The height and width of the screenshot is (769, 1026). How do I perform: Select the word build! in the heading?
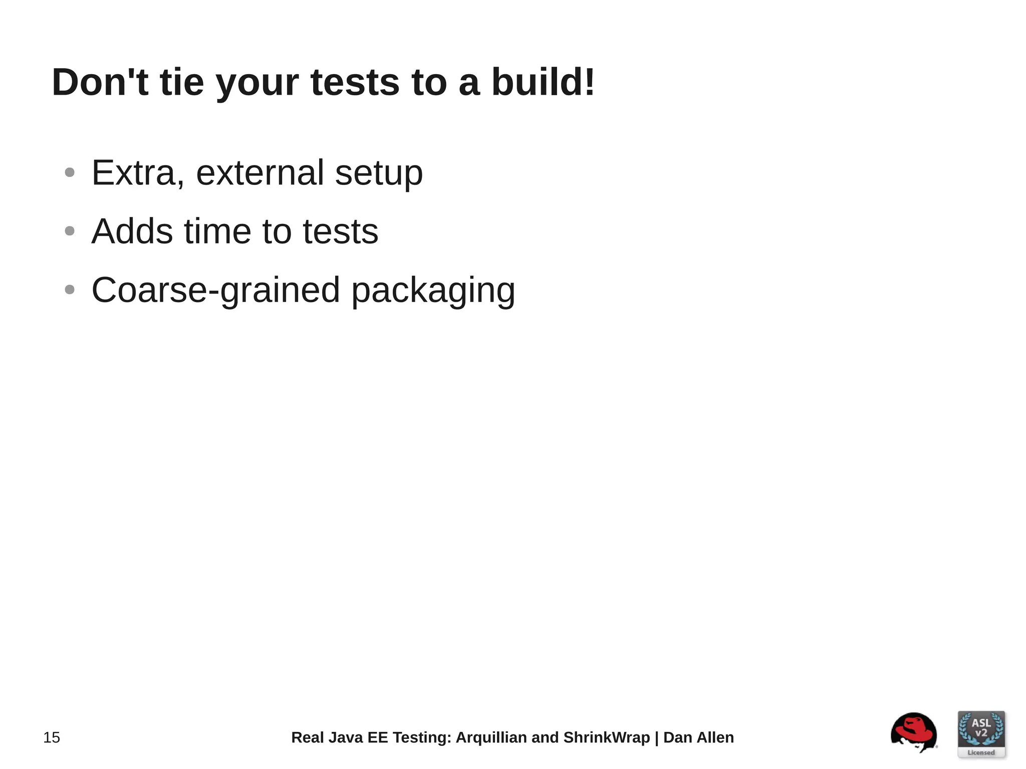tap(543, 82)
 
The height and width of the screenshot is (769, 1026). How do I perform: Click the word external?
tap(260, 173)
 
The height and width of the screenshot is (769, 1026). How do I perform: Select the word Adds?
tap(132, 231)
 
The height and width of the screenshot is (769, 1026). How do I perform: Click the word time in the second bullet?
tap(218, 231)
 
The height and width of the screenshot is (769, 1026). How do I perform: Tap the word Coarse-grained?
tap(215, 291)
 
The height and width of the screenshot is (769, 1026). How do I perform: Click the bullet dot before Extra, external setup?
tap(70, 173)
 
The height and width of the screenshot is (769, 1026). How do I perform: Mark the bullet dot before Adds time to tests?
tap(70, 231)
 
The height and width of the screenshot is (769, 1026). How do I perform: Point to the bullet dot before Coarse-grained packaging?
tap(70, 290)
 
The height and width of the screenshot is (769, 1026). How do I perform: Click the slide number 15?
tap(52, 737)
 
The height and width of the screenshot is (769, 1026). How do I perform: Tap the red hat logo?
tap(914, 732)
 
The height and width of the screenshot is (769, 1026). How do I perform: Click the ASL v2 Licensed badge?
tap(981, 734)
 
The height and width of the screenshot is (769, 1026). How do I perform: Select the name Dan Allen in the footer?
tap(698, 737)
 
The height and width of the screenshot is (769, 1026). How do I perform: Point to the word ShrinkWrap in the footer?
tap(606, 737)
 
